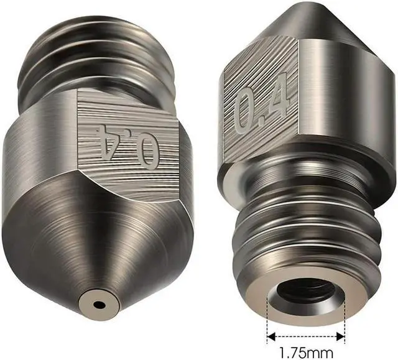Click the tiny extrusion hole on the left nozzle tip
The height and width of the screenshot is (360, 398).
pyautogui.click(x=98, y=304)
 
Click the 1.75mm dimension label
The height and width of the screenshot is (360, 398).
pyautogui.click(x=306, y=353)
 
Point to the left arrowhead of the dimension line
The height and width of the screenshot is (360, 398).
pyautogui.click(x=271, y=337)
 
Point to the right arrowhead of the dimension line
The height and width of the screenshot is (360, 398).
pyautogui.click(x=340, y=337)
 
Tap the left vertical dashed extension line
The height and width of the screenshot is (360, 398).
pyautogui.click(x=267, y=320)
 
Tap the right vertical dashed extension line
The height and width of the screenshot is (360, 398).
pyautogui.click(x=345, y=320)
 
